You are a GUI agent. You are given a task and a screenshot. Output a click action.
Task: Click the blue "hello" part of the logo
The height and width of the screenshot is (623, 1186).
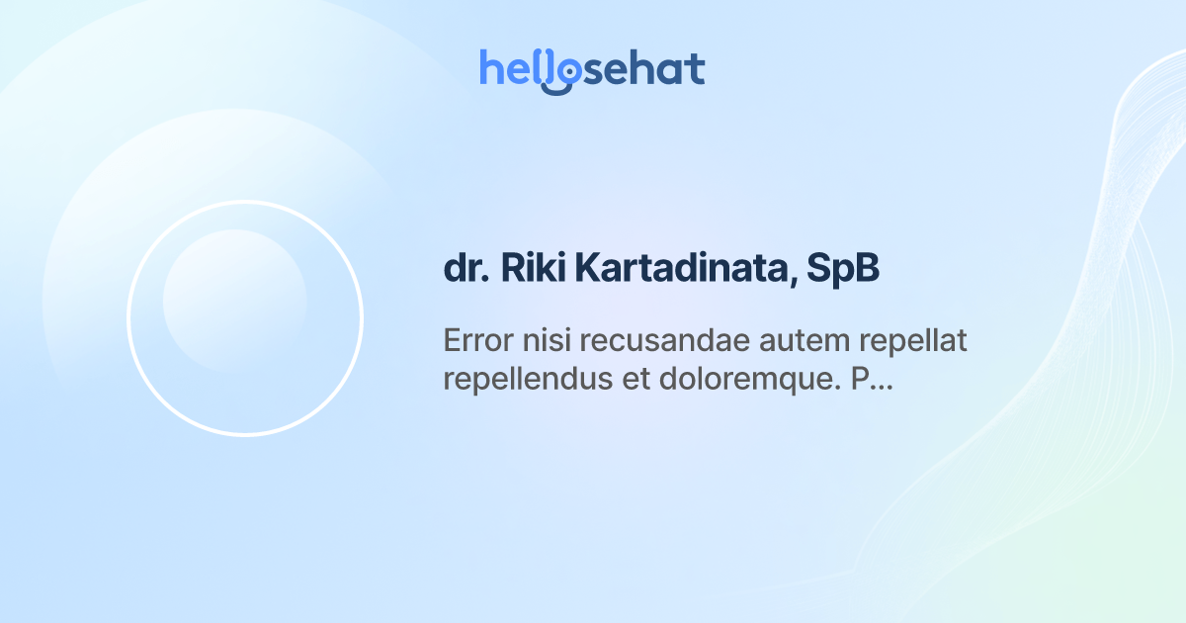519,69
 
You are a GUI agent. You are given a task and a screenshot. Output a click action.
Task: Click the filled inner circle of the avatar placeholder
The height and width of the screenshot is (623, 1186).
234,301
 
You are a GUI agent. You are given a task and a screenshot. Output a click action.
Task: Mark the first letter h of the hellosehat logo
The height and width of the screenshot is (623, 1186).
490,67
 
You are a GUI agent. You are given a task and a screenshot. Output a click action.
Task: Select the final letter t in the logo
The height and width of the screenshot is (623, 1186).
696,69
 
